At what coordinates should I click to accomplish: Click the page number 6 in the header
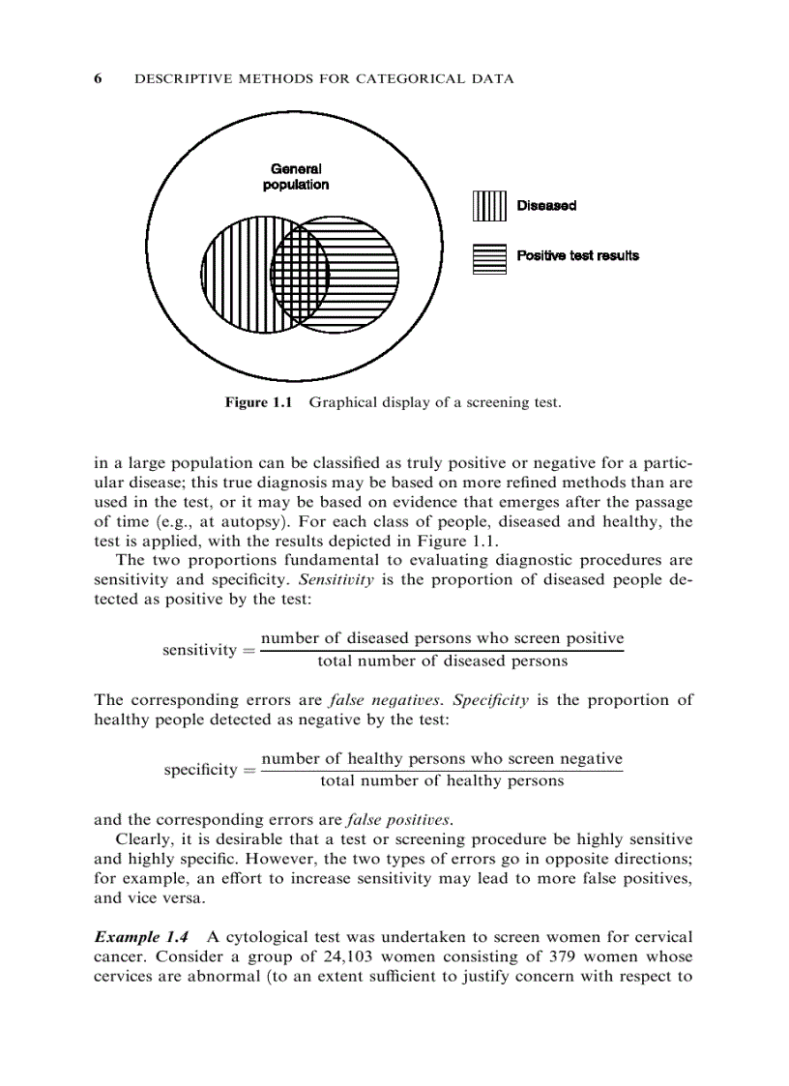point(98,79)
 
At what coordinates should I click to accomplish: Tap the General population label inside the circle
point(296,176)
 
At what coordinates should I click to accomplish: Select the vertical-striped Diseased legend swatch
point(489,206)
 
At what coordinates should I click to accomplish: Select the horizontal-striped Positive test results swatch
point(489,257)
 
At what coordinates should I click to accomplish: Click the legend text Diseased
point(546,206)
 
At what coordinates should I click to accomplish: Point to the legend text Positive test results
point(577,256)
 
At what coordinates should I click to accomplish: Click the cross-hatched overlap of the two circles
point(300,272)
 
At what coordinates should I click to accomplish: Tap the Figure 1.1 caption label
point(258,402)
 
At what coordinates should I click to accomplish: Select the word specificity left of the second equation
point(200,770)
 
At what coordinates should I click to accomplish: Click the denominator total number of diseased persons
point(442,661)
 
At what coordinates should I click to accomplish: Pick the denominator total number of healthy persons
point(442,781)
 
